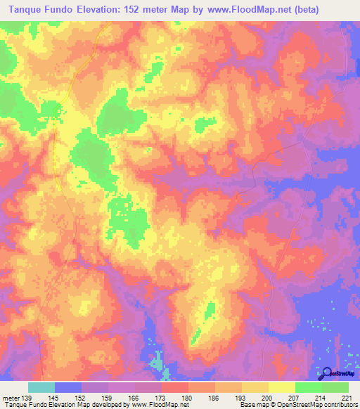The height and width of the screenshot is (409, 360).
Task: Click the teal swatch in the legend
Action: (x=41, y=387)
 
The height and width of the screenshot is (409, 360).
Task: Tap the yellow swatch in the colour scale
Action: (x=281, y=387)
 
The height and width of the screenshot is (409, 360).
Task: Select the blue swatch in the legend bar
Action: (x=68, y=387)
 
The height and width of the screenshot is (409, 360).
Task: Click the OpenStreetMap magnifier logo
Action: (x=326, y=372)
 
